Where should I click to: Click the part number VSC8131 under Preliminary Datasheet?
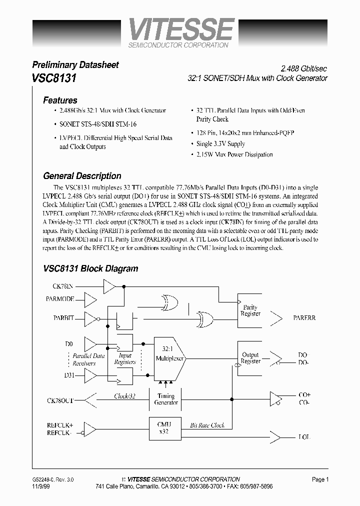pos(54,78)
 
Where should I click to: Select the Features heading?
pos(60,100)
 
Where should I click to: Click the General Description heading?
pos(82,176)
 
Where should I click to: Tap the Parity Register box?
pos(250,310)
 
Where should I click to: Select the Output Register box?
pos(250,358)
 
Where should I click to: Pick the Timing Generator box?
pos(165,399)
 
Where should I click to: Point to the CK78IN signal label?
pos(62,286)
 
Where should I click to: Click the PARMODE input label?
pos(63,299)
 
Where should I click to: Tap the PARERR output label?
pos(304,317)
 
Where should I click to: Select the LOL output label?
pos(304,436)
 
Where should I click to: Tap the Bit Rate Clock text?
pos(207,425)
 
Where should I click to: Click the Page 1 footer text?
pos(320,479)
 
